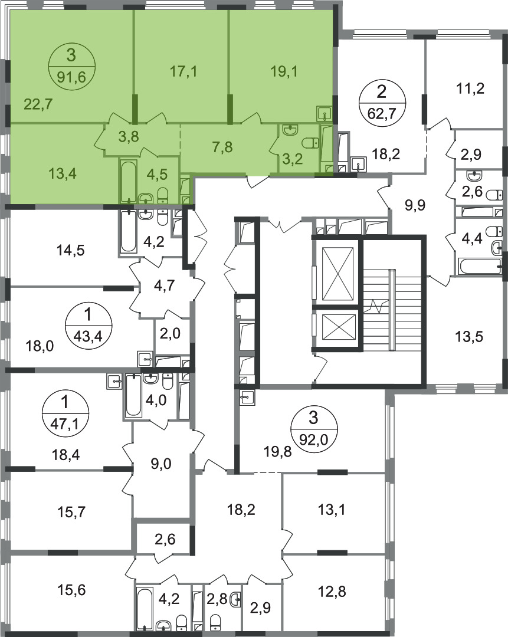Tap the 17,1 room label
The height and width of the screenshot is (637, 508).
pyautogui.click(x=183, y=72)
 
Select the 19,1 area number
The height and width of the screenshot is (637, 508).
pyautogui.click(x=284, y=71)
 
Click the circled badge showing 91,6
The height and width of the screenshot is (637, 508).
pyautogui.click(x=72, y=66)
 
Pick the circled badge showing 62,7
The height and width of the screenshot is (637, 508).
pyautogui.click(x=381, y=103)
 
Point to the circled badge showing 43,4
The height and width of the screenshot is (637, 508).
pyautogui.click(x=88, y=326)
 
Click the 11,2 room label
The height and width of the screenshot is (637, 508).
pyautogui.click(x=470, y=88)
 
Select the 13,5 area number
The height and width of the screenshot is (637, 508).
pyautogui.click(x=469, y=337)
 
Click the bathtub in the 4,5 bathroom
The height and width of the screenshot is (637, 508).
pyautogui.click(x=129, y=181)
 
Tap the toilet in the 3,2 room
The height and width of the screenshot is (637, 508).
pyautogui.click(x=312, y=143)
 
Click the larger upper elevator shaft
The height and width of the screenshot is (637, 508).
pyautogui.click(x=337, y=272)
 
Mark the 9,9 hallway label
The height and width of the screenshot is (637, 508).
pyautogui.click(x=415, y=205)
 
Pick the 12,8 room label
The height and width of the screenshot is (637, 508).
pyautogui.click(x=333, y=591)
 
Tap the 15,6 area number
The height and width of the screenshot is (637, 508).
pyautogui.click(x=71, y=590)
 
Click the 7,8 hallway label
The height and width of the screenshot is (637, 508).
pyautogui.click(x=222, y=147)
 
